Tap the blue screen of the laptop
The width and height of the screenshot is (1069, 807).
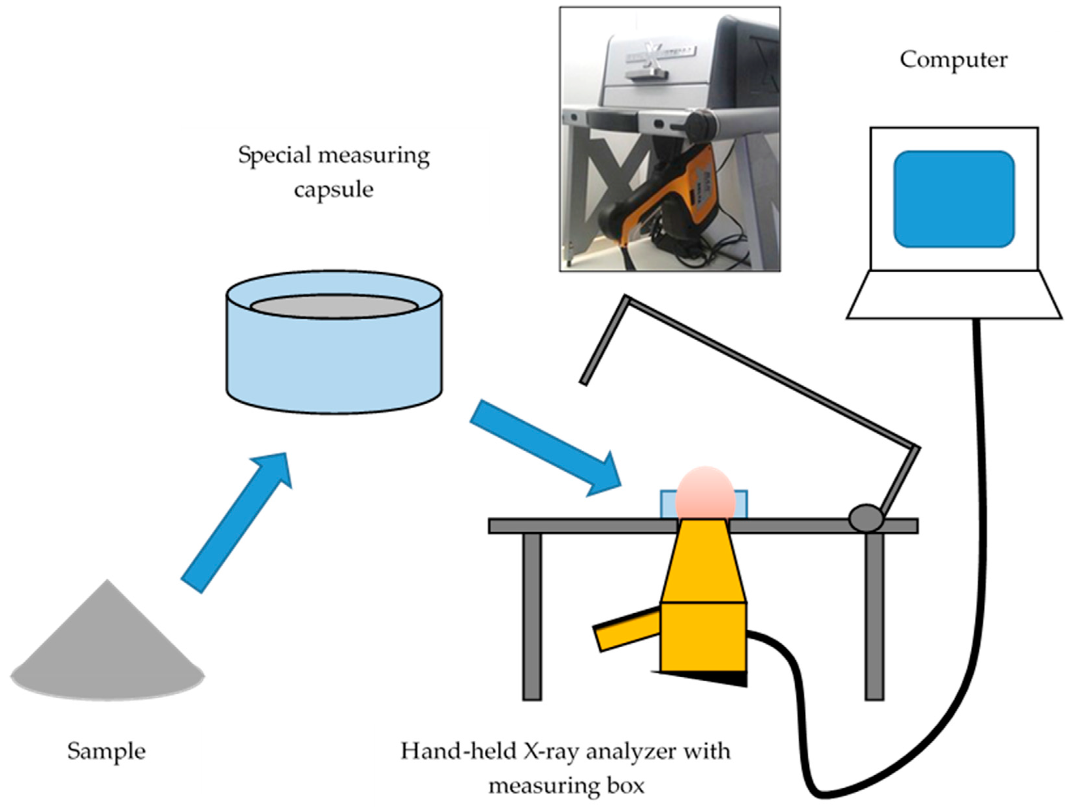pyautogui.click(x=953, y=199)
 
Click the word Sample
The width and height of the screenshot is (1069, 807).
pyautogui.click(x=106, y=751)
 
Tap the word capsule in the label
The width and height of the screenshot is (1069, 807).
pyautogui.click(x=334, y=189)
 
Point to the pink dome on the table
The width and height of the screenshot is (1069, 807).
pyautogui.click(x=705, y=493)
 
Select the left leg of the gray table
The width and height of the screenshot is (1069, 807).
pyautogui.click(x=532, y=616)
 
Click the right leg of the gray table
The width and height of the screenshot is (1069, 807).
pyautogui.click(x=874, y=616)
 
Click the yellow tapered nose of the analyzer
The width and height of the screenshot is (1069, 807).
pyautogui.click(x=703, y=563)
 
